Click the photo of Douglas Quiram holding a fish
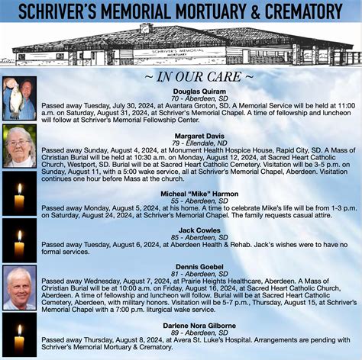(19, 98)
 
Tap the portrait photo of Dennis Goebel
(19, 287)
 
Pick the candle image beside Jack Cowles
(19, 240)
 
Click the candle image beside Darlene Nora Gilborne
(19, 335)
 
